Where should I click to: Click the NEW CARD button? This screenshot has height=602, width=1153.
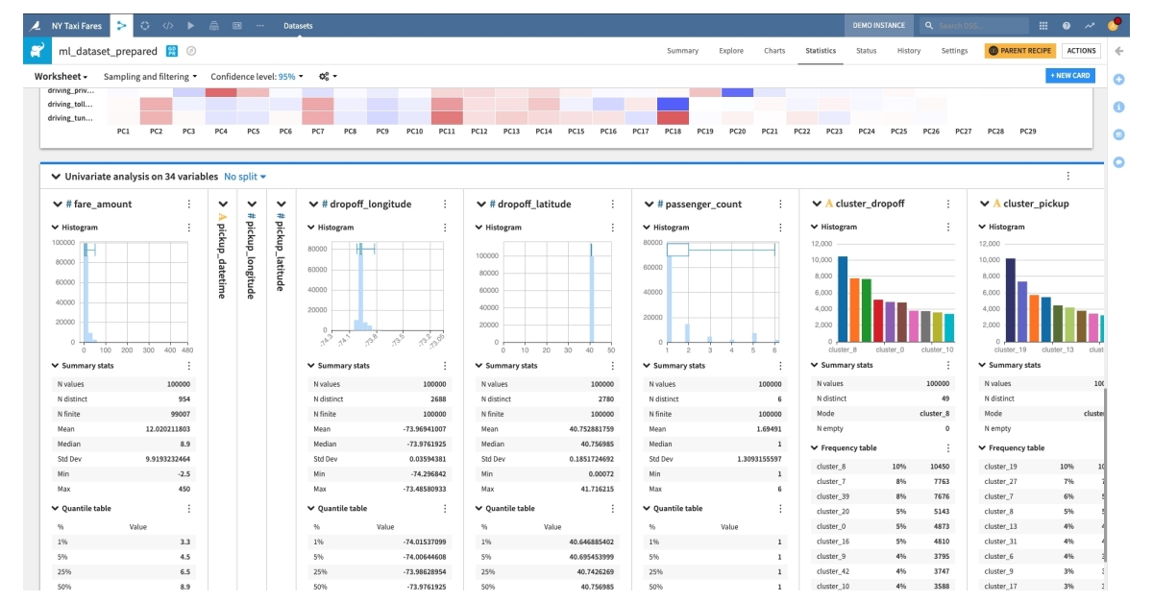pos(1069,75)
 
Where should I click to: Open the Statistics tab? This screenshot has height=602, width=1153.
pos(821,51)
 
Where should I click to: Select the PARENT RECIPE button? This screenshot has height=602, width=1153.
pos(1019,51)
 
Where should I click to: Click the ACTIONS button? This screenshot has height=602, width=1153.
pos(1081,51)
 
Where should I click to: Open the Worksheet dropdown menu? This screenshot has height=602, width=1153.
pos(61,76)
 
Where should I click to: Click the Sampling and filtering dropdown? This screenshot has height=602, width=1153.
pos(150,76)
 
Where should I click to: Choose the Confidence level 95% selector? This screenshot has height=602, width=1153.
pos(257,76)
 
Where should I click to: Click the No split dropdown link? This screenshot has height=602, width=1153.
pos(245,177)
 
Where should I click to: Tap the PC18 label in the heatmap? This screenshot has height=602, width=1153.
pos(673,131)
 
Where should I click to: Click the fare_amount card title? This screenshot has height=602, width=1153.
pos(104,205)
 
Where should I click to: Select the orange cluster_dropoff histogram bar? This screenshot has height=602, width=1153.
pos(854,309)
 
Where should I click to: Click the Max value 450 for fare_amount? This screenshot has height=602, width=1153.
pos(182,490)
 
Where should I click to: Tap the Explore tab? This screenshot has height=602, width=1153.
pos(731,51)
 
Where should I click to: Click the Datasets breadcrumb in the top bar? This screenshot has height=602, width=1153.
pos(298,25)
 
